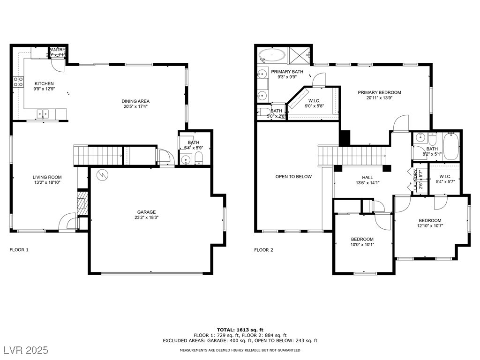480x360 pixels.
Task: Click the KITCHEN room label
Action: click(44, 83)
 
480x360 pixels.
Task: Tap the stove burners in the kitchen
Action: click(18, 82)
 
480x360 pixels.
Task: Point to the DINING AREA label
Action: click(135, 101)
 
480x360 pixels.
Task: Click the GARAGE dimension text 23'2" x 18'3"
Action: click(146, 217)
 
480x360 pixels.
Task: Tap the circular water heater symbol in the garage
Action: click(102, 175)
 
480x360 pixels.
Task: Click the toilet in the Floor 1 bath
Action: click(198, 157)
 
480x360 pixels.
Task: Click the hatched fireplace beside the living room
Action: click(82, 202)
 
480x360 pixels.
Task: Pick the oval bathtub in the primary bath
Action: click(272, 55)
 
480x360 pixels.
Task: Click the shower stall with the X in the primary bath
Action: click(299, 54)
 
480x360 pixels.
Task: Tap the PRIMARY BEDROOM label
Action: click(379, 92)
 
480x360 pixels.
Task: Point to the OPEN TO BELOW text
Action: click(293, 177)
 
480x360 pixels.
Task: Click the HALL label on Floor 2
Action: click(367, 177)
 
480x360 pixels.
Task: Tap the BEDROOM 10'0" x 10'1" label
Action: click(362, 239)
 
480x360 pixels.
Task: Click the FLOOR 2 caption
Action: click(263, 250)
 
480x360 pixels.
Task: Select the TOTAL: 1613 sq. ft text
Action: click(240, 330)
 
